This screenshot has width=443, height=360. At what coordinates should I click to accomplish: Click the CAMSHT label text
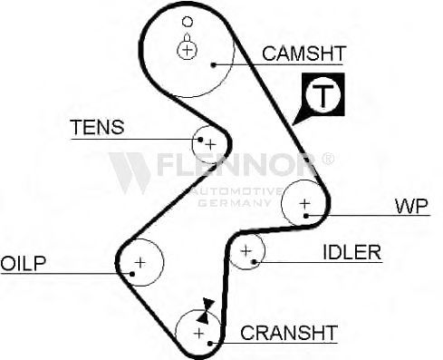(303, 54)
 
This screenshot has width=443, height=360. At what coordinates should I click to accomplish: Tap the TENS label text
(97, 127)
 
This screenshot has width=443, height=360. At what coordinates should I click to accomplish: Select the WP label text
(411, 206)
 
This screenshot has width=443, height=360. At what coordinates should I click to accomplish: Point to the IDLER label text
(352, 252)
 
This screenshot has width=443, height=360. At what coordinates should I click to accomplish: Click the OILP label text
(24, 263)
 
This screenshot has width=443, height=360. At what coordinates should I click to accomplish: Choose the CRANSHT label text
(289, 333)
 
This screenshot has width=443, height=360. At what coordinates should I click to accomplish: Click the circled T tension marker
(323, 94)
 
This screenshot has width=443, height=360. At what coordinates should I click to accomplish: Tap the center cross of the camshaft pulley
(188, 50)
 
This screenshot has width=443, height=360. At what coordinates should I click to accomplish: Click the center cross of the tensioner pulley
(210, 145)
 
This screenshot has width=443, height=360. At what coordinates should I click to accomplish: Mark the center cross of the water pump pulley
(304, 203)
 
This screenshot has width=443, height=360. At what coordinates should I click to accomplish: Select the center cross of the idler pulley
(246, 250)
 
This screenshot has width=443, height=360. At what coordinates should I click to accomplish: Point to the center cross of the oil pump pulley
(140, 262)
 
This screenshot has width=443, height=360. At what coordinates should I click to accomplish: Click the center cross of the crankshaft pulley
(199, 334)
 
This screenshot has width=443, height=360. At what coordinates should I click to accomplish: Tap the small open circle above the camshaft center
(188, 22)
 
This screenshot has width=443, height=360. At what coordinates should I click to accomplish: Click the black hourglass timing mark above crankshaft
(205, 311)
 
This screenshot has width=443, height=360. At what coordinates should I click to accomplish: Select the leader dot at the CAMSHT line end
(214, 64)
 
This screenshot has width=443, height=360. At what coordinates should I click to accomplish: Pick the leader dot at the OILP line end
(132, 274)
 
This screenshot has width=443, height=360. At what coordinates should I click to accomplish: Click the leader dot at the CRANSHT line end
(210, 344)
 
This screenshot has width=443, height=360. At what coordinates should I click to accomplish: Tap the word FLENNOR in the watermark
(236, 165)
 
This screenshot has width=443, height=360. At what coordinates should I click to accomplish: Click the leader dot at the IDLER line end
(255, 262)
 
